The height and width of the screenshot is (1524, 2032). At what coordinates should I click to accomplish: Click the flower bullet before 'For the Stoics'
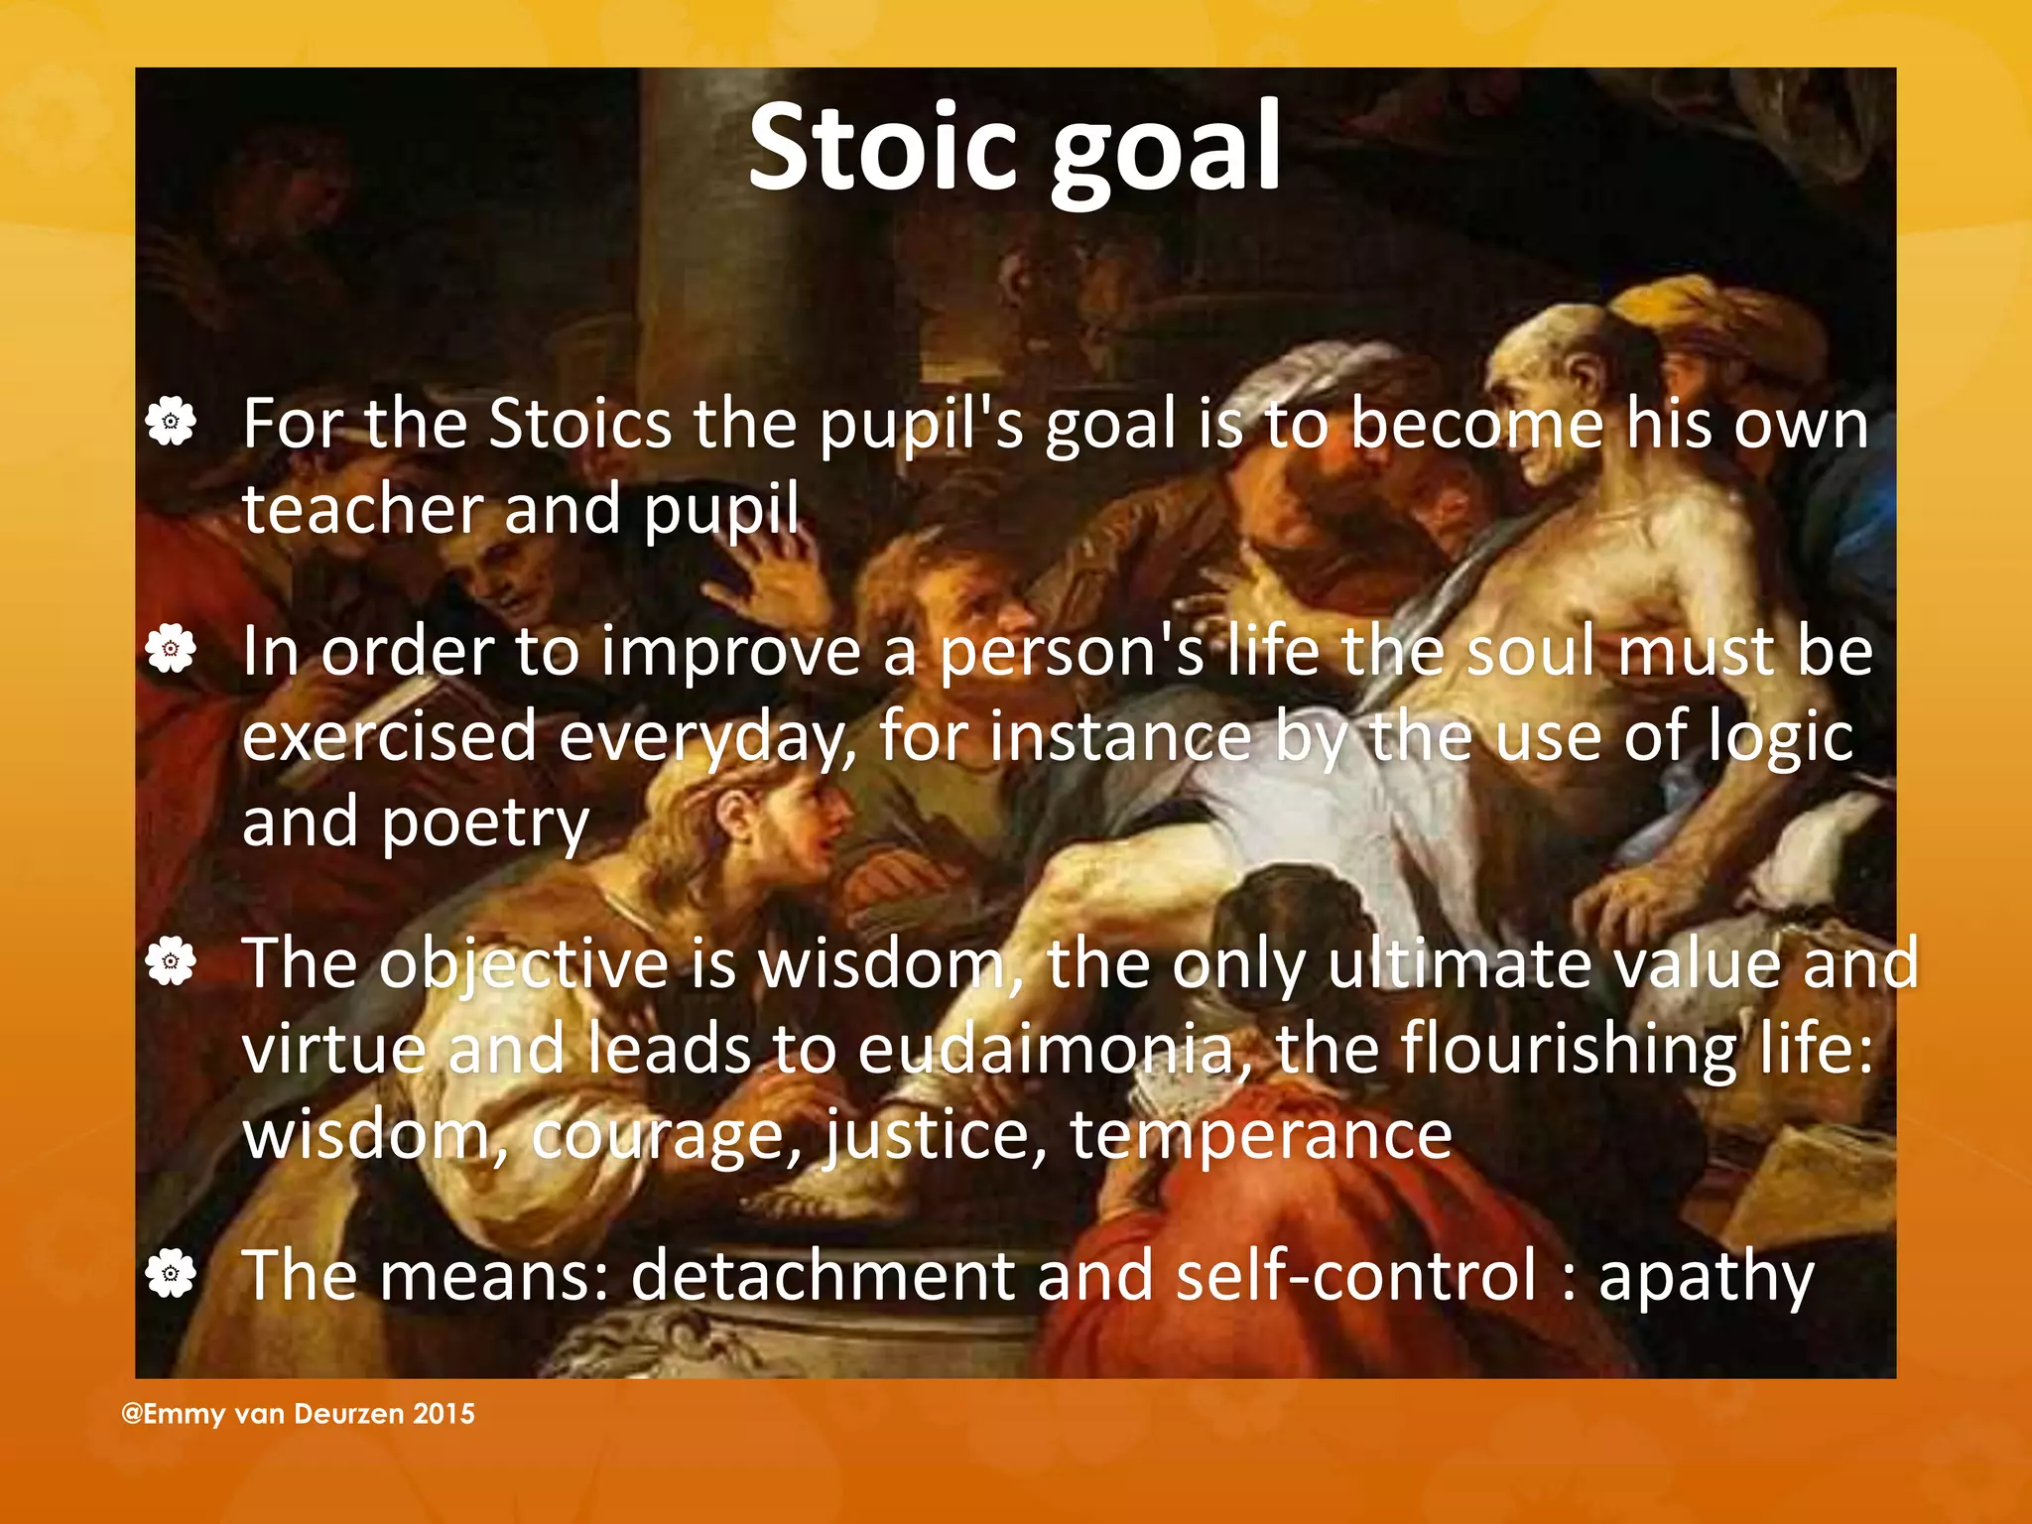point(171,422)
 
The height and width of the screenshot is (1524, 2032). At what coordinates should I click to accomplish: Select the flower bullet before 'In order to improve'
point(171,649)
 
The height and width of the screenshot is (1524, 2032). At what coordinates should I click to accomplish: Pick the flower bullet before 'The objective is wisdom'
point(171,961)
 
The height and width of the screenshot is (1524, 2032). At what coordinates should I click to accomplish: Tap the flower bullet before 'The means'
point(171,1273)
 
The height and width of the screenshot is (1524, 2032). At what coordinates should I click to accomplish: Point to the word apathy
point(1706,1277)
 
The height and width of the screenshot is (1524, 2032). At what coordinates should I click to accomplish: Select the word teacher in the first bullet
point(361,509)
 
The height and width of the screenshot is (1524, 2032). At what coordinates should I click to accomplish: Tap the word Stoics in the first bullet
point(580,424)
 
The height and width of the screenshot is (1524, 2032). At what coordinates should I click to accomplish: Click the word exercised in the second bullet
point(389,737)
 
